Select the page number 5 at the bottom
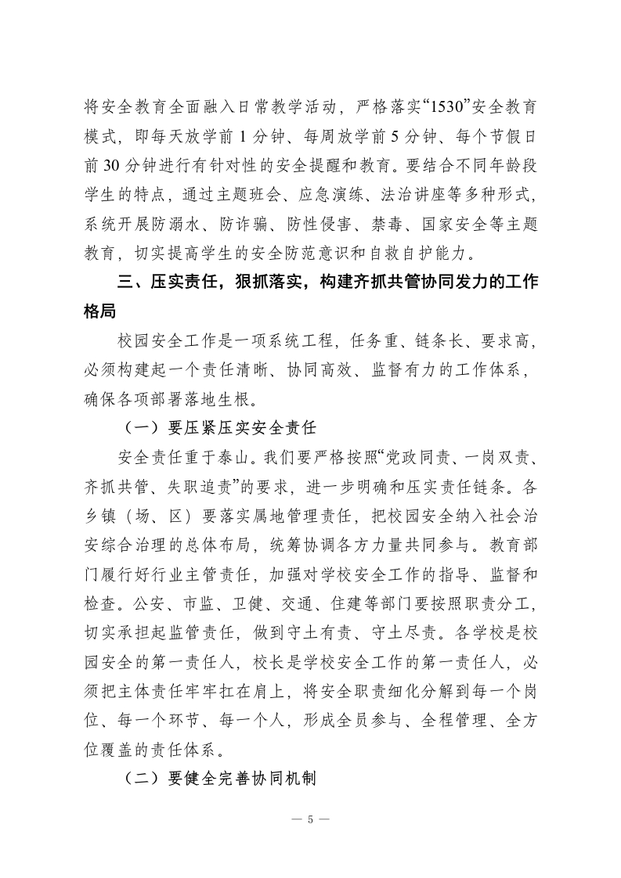pos(311,820)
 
